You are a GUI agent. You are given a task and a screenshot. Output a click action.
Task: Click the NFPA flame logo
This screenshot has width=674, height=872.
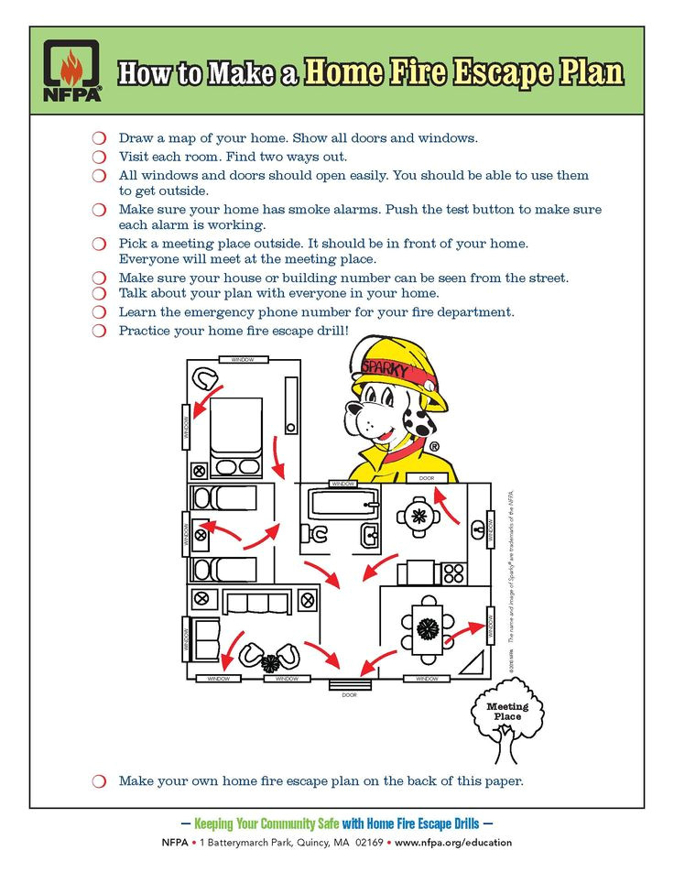pos(71,71)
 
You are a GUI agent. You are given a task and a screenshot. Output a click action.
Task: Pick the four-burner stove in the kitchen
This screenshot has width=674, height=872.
pos(453,573)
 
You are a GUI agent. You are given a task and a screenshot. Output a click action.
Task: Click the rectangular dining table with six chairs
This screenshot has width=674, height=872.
pos(427,628)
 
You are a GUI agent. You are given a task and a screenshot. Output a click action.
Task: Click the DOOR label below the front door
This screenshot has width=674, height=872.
pos(349,695)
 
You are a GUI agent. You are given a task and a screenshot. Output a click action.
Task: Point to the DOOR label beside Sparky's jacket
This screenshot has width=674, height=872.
pos(427,478)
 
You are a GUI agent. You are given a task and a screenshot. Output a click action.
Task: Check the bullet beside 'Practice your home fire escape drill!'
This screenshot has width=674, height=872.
pos(99,331)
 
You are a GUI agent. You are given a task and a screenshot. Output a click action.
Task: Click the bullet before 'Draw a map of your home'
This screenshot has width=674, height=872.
pos(99,138)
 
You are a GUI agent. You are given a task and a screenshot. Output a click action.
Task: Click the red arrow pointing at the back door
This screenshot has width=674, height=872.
pos(445,505)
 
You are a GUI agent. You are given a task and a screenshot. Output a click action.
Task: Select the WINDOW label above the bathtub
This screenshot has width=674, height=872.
pos(342,483)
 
